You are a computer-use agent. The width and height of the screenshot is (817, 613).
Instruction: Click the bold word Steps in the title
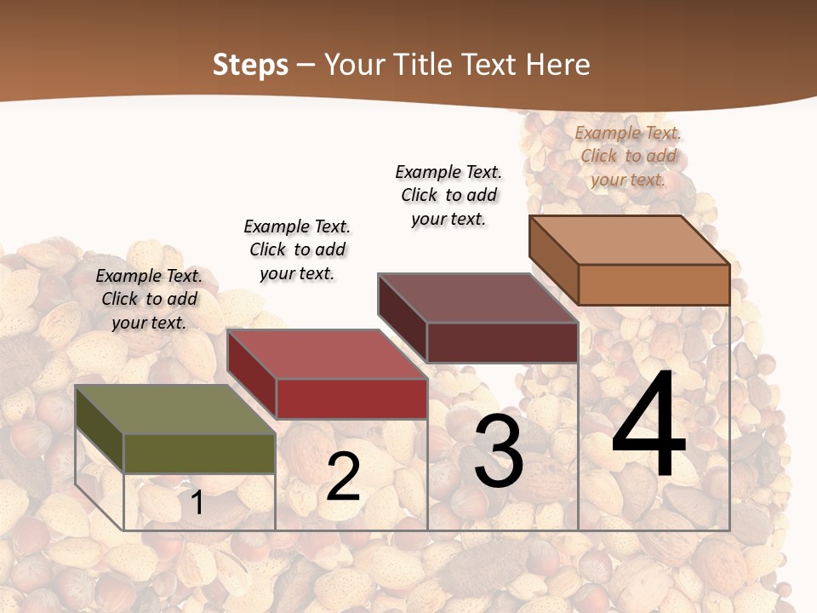tap(250, 65)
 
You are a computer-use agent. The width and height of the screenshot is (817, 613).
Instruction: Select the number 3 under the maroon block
tap(499, 452)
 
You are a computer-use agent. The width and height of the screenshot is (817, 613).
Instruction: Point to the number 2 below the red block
tap(344, 477)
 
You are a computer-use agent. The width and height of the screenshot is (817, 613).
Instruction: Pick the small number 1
tap(197, 502)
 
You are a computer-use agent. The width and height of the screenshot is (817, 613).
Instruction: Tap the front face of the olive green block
tap(199, 453)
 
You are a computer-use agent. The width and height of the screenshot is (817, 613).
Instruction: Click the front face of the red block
tap(351, 398)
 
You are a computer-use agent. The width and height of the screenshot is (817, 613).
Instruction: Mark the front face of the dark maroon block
tap(502, 342)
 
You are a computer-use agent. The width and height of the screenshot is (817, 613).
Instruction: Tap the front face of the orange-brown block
tap(654, 284)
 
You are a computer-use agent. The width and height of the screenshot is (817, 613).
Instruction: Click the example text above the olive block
tap(149, 299)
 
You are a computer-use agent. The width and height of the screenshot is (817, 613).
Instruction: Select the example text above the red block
tap(297, 249)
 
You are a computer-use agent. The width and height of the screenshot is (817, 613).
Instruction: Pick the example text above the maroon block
tap(448, 195)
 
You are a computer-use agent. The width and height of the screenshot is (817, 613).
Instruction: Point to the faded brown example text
tap(628, 156)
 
